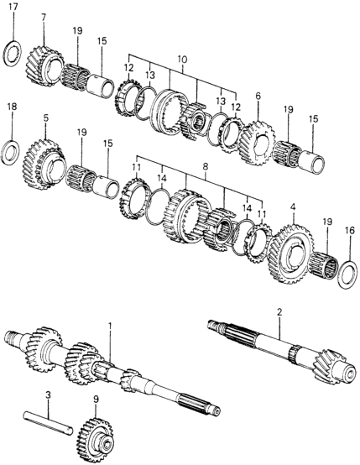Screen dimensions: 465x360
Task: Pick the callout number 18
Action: pyautogui.click(x=11, y=107)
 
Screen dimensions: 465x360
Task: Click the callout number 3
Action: pyautogui.click(x=47, y=394)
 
